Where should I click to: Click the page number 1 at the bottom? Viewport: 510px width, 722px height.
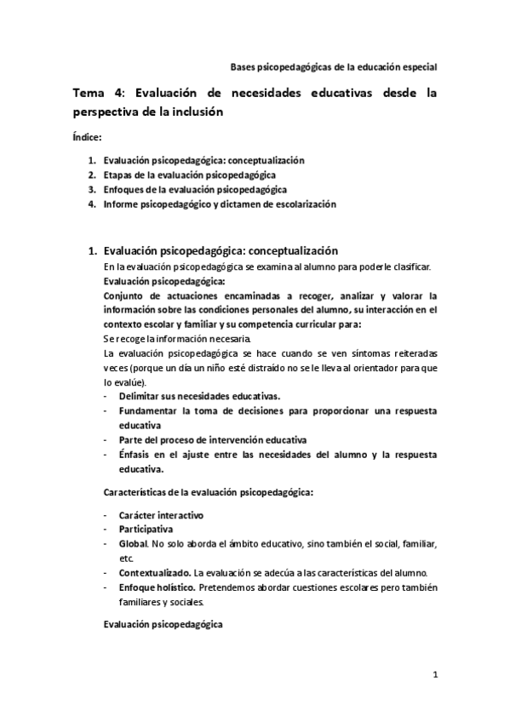(x=435, y=676)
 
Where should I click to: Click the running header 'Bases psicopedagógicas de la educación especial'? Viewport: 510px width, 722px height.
(x=335, y=67)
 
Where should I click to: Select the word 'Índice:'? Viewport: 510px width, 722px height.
(x=87, y=136)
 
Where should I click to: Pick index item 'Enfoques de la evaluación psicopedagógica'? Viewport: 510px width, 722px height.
(x=194, y=189)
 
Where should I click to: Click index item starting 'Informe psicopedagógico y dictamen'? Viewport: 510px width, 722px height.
(x=220, y=204)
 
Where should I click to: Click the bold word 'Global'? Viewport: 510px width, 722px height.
(x=132, y=543)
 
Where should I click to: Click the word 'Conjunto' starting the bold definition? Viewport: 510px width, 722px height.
(x=123, y=295)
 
